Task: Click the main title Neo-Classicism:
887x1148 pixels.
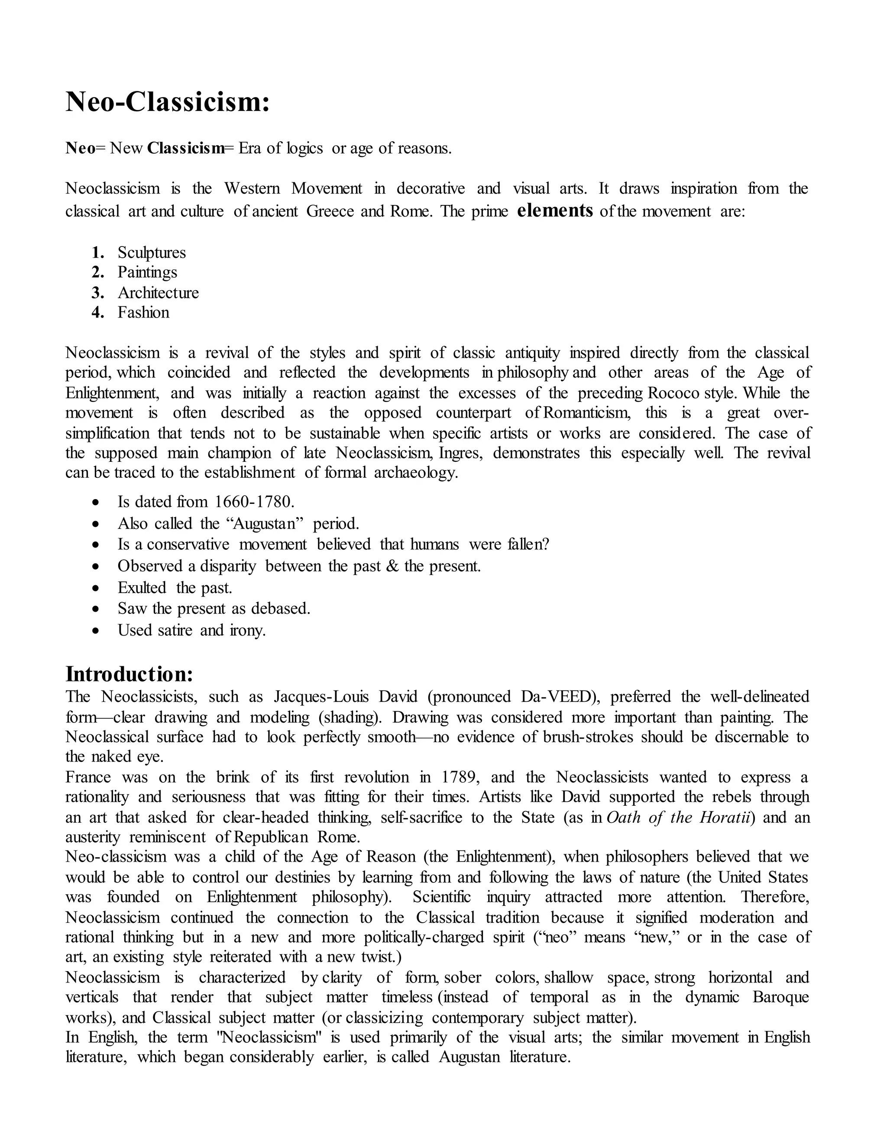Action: [168, 101]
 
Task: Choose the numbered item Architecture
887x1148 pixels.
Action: [158, 292]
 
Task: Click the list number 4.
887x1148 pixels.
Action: [97, 312]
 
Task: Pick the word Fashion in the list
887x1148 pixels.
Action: [143, 312]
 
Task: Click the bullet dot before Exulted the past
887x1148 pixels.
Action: [95, 588]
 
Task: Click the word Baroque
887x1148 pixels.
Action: [781, 997]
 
